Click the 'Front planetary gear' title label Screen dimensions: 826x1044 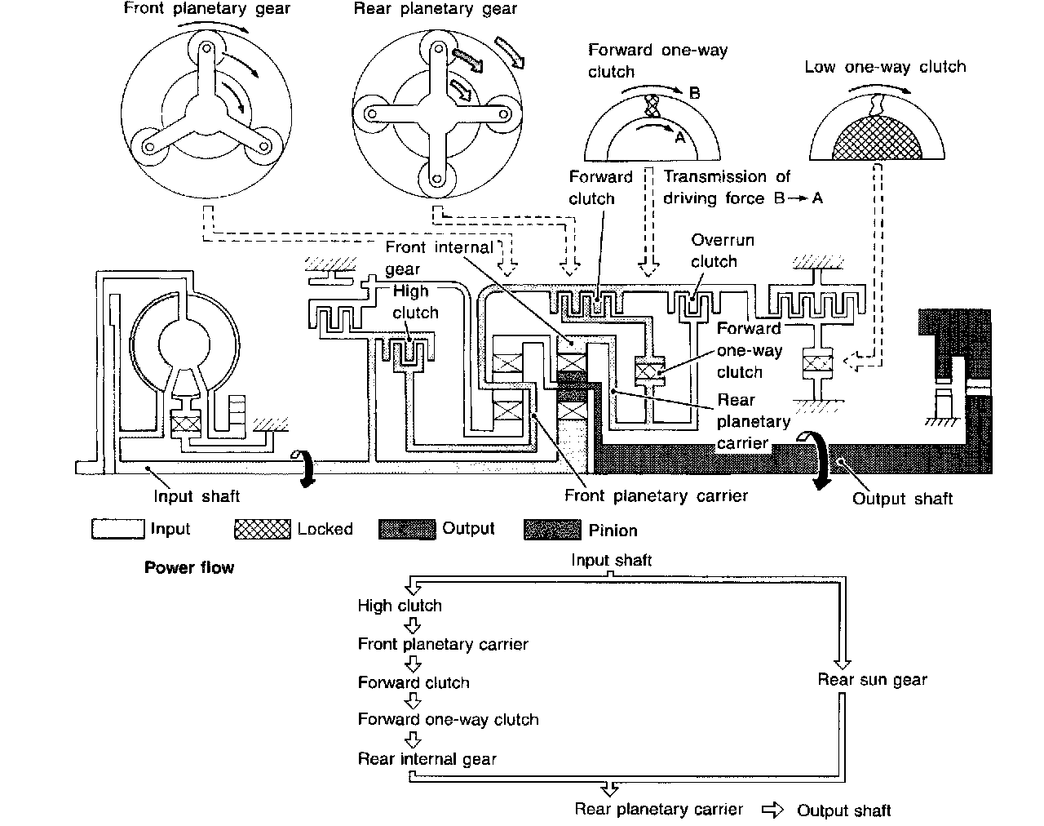[x=206, y=9]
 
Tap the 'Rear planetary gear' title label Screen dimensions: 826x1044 [x=436, y=9]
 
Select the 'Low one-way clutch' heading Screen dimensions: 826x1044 [x=885, y=67]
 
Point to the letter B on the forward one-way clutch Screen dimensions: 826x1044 [x=695, y=93]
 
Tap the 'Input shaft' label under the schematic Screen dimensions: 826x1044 [x=197, y=496]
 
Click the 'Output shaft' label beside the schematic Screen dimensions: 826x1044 [x=902, y=499]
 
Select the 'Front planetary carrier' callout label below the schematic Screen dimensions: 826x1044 [x=656, y=495]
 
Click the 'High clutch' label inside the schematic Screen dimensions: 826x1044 [x=415, y=302]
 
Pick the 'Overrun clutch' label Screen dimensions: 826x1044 [x=723, y=251]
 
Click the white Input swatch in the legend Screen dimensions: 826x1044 [x=117, y=529]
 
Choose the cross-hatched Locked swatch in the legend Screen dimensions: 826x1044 [x=262, y=529]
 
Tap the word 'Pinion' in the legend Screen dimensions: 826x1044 [x=613, y=531]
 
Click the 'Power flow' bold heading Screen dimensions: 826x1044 [x=189, y=567]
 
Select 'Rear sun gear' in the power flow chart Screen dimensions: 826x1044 [x=872, y=679]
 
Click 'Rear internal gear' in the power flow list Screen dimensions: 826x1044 [x=427, y=759]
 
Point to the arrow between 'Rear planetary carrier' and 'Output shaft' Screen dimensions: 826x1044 [x=772, y=810]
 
